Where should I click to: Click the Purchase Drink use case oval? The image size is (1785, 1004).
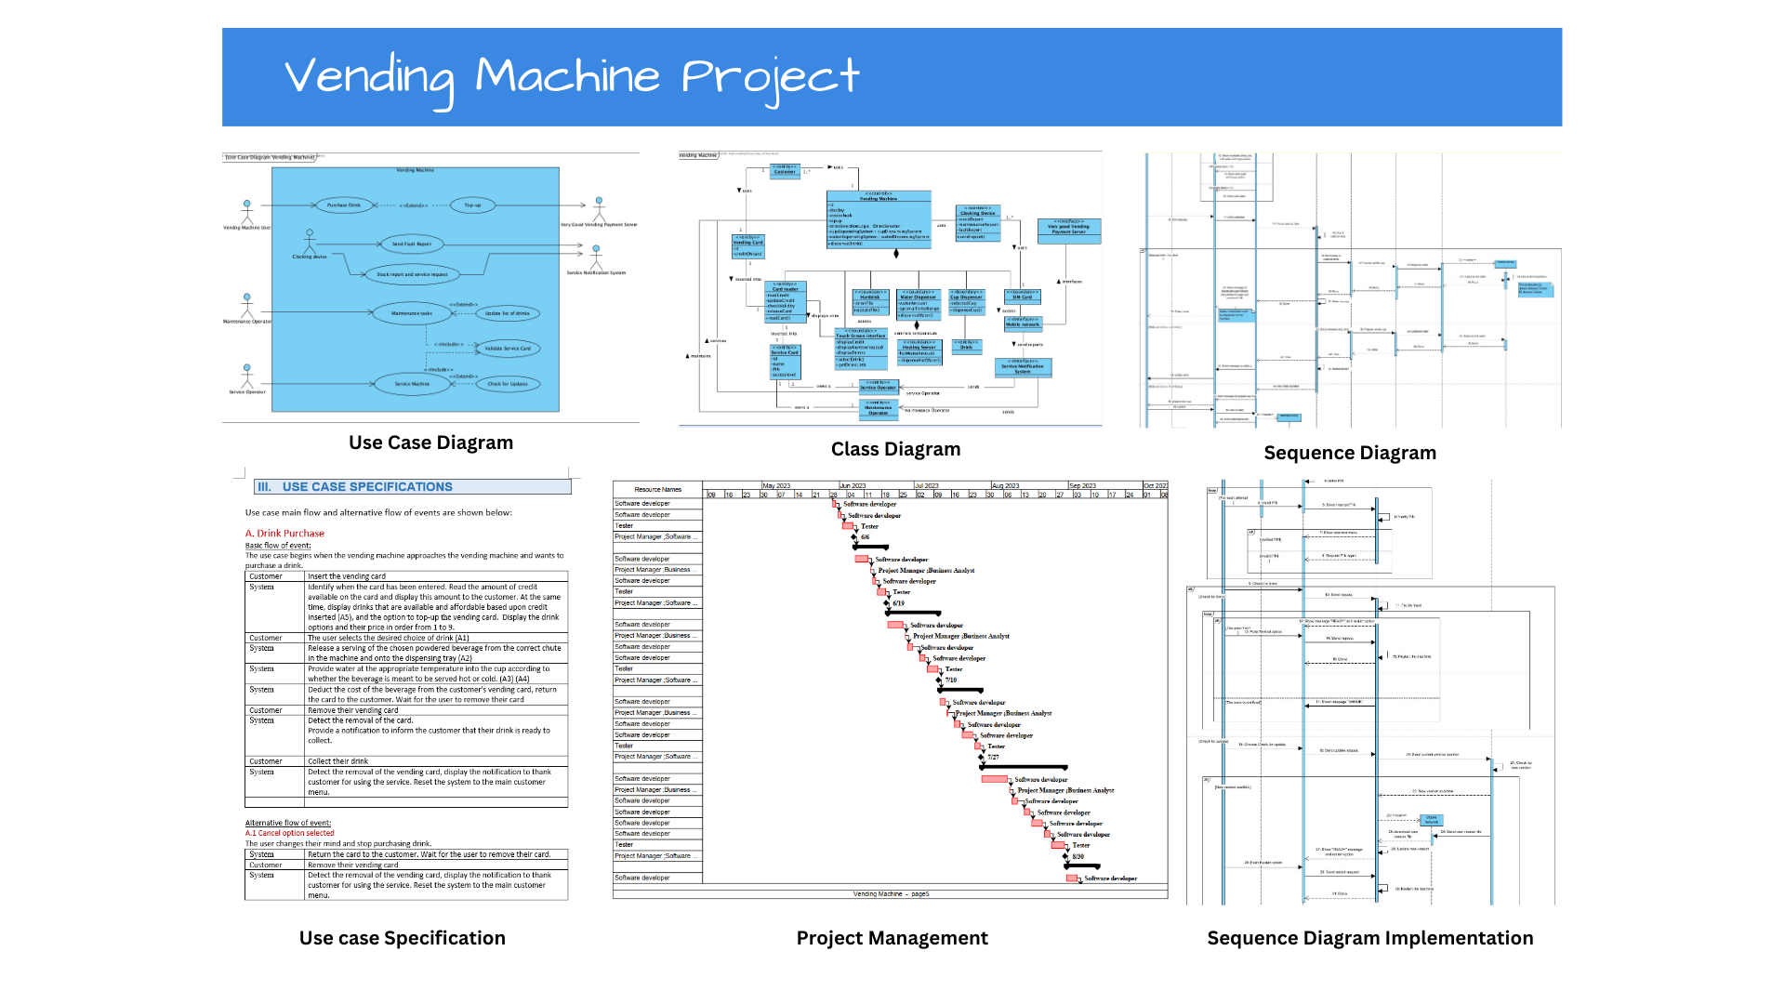[344, 205]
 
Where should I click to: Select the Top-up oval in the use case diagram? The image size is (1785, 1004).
[472, 205]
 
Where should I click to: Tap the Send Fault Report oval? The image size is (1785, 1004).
[411, 244]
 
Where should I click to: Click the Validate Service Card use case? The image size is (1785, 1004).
[507, 349]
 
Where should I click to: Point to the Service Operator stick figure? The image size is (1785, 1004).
[246, 376]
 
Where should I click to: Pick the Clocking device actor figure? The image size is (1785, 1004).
[310, 241]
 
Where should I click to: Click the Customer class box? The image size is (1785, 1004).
[785, 170]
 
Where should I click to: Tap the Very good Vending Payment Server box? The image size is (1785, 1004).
[1068, 229]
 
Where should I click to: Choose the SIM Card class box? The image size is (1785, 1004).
[1022, 297]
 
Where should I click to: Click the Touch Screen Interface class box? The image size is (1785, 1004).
[860, 348]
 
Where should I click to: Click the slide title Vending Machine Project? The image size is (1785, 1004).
[572, 77]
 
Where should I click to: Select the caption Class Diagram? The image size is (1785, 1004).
[895, 449]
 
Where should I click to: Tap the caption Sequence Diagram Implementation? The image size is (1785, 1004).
[1369, 938]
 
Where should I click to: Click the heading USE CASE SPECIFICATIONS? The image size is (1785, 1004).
[366, 487]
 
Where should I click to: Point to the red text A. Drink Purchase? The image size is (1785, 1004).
[284, 534]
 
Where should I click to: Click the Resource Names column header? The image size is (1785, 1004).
[657, 489]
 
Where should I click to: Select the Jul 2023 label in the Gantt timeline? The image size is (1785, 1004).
[927, 485]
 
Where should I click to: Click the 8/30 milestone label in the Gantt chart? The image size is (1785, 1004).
[1078, 856]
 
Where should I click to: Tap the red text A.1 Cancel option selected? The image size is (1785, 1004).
[289, 833]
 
